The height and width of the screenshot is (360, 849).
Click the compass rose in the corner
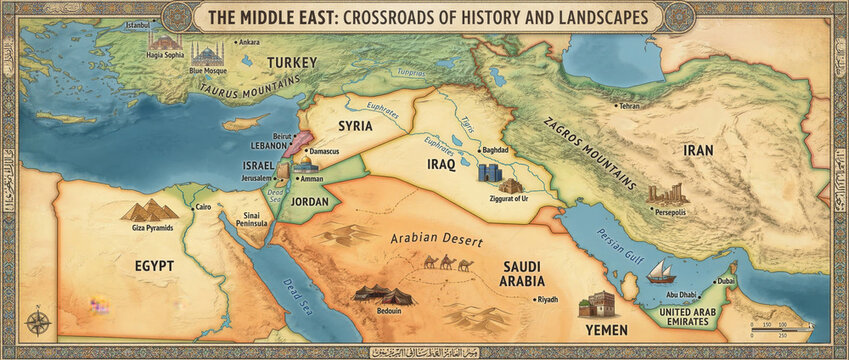[39, 322]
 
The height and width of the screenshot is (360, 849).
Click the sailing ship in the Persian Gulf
[660, 271]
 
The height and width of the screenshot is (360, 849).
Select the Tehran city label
[628, 105]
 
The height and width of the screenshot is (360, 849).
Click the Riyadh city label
[547, 299]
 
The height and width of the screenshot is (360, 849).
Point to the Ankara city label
[248, 42]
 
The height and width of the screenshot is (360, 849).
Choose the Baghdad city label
[495, 150]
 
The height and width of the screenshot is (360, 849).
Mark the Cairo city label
[203, 207]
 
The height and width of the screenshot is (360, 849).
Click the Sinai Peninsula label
[251, 220]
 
